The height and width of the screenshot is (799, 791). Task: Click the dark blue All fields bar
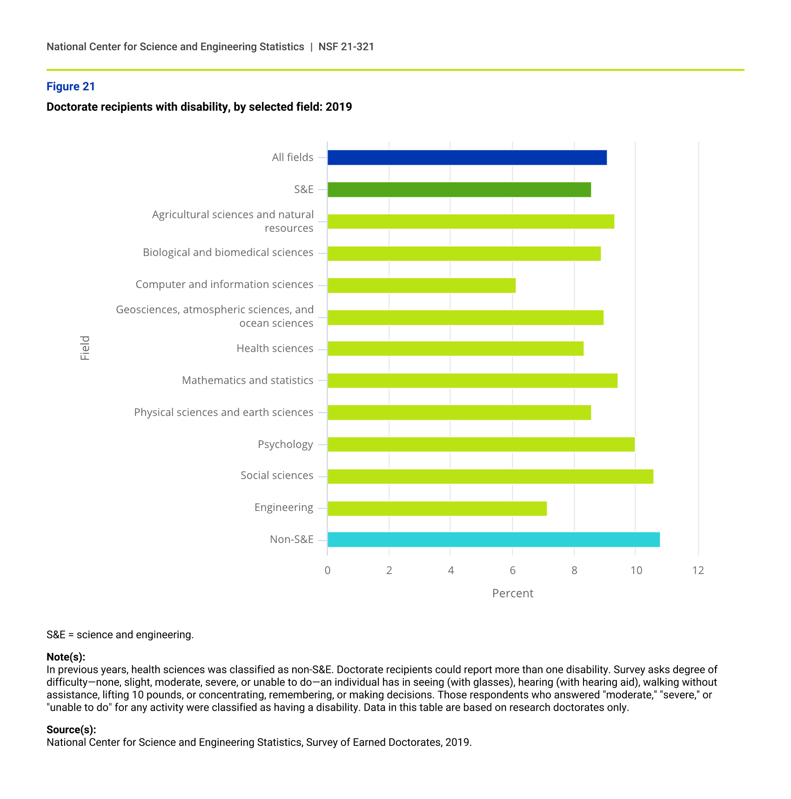pyautogui.click(x=467, y=158)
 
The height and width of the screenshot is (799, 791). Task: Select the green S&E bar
pyautogui.click(x=459, y=190)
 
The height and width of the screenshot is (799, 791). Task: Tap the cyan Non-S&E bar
pyautogui.click(x=493, y=540)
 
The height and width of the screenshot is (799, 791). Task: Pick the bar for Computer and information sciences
pyautogui.click(x=421, y=285)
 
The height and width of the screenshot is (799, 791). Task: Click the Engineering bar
pyautogui.click(x=437, y=509)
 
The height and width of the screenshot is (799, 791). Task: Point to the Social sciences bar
pyautogui.click(x=490, y=477)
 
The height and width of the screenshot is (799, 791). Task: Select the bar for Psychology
pyautogui.click(x=481, y=444)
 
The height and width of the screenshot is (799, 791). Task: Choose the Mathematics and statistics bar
pyautogui.click(x=472, y=381)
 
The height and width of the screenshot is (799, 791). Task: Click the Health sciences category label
pyautogui.click(x=275, y=349)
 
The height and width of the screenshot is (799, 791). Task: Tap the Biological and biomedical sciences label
pyautogui.click(x=228, y=253)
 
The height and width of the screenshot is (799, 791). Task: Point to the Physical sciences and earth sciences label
pyautogui.click(x=223, y=413)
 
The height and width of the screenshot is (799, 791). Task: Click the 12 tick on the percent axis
pyautogui.click(x=698, y=571)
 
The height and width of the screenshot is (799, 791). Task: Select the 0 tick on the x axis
pyautogui.click(x=328, y=571)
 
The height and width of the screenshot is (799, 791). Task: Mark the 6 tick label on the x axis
pyautogui.click(x=512, y=571)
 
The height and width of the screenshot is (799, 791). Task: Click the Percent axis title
pyautogui.click(x=513, y=593)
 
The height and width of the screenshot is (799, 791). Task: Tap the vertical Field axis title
pyautogui.click(x=85, y=348)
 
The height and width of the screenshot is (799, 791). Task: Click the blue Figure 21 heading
pyautogui.click(x=71, y=87)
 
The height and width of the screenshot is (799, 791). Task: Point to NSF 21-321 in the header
pyautogui.click(x=346, y=47)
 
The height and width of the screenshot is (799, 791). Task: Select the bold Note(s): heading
pyautogui.click(x=66, y=657)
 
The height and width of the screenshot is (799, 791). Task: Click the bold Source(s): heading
pyautogui.click(x=71, y=730)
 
